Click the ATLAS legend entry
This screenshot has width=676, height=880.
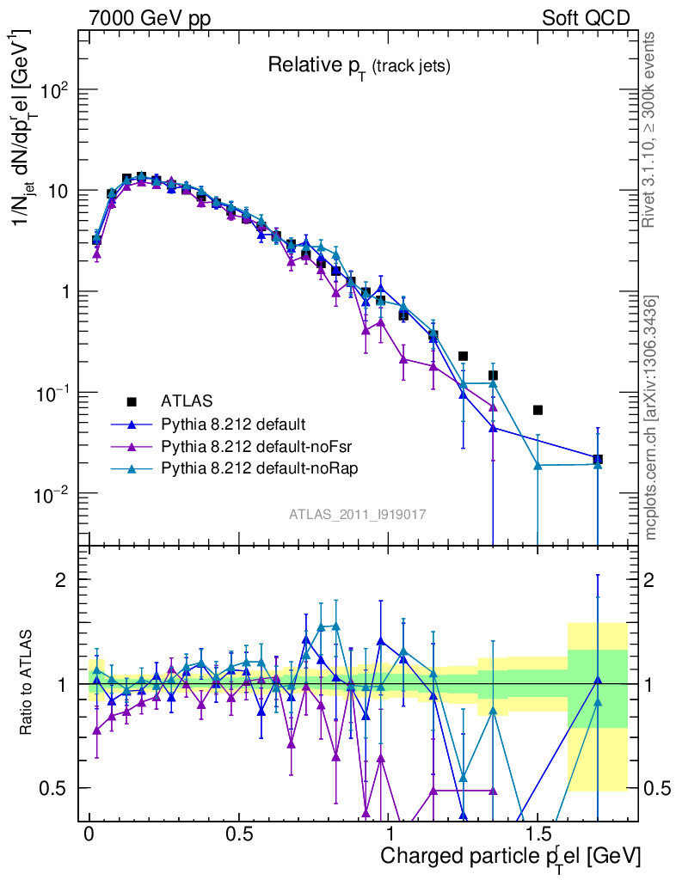point(187,401)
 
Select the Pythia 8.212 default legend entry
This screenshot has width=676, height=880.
point(233,424)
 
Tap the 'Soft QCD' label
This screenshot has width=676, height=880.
point(586,17)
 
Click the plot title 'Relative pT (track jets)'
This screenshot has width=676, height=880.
point(359,65)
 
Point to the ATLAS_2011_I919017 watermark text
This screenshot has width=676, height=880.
point(358,514)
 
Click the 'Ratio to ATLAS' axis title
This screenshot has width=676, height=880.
point(28,683)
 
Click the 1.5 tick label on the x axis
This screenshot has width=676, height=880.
point(538,834)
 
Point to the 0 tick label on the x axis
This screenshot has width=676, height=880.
point(89,834)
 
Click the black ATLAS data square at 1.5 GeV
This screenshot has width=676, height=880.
point(538,410)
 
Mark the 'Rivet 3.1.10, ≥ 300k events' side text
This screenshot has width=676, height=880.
point(650,129)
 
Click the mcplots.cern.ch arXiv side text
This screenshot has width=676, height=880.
point(650,418)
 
